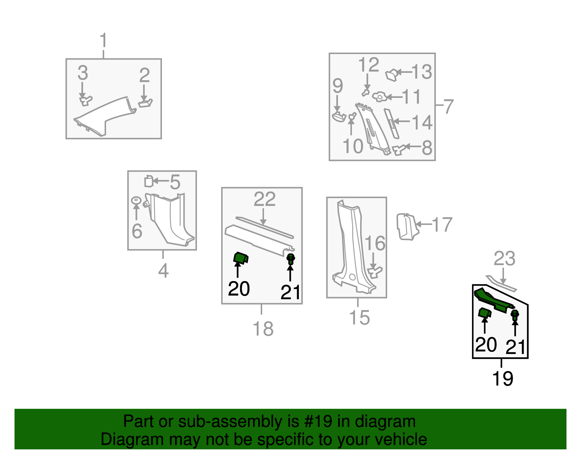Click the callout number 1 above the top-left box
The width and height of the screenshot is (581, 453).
[x=103, y=40]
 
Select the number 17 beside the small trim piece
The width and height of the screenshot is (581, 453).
[x=442, y=225]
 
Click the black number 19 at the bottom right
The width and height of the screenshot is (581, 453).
[x=503, y=378]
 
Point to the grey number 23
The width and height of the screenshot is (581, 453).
[x=504, y=258]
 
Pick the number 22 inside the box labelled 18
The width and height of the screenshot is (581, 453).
[x=264, y=199]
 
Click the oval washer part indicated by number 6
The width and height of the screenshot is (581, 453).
[x=136, y=200]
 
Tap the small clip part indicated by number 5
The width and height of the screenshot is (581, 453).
[x=149, y=181]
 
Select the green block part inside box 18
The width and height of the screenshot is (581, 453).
[x=241, y=258]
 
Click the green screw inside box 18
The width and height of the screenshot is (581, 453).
[x=290, y=259]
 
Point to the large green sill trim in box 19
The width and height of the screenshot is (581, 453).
[x=493, y=300]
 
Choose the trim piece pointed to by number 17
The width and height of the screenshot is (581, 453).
[x=407, y=227]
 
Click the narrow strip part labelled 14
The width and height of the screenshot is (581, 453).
[x=391, y=124]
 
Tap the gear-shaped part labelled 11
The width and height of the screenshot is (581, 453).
[x=379, y=97]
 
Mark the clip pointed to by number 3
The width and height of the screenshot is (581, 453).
[x=86, y=100]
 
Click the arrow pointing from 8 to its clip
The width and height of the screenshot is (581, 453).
[x=413, y=146]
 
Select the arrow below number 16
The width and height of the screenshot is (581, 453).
[x=373, y=260]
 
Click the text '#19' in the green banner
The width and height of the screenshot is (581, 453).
[x=318, y=421]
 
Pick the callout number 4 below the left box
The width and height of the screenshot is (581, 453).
[x=163, y=271]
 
